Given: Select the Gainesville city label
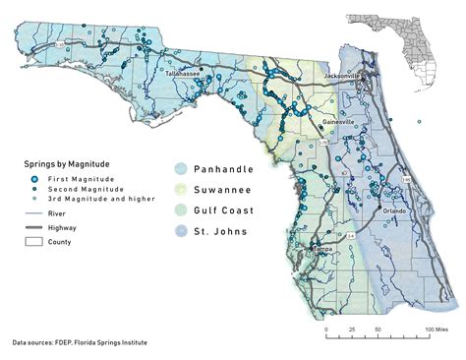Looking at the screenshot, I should [x=339, y=121].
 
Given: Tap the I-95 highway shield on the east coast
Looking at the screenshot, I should [x=404, y=180].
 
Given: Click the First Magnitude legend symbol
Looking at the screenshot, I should [x=36, y=178].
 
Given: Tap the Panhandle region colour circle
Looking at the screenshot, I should [x=184, y=167].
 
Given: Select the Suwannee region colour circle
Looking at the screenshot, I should [x=184, y=188].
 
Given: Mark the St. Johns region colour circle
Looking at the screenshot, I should [x=184, y=232].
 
